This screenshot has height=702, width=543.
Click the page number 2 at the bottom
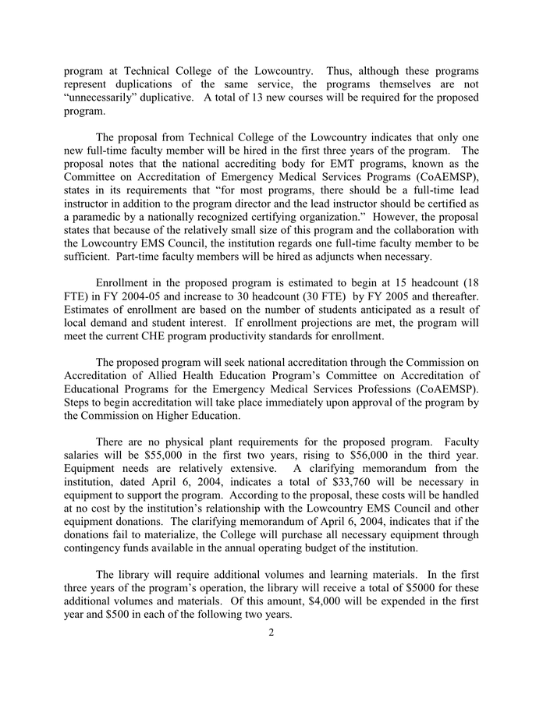[x=271, y=632]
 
